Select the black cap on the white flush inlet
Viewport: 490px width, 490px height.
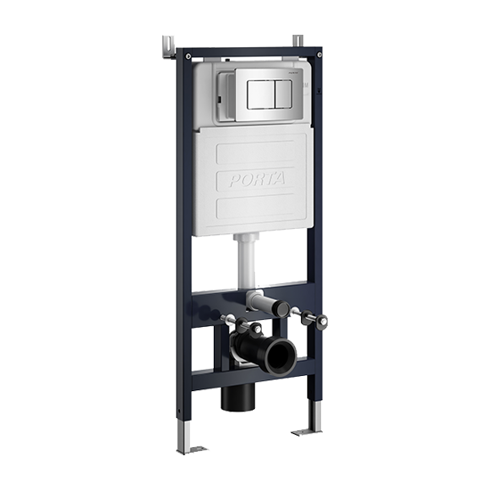point(279,308)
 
